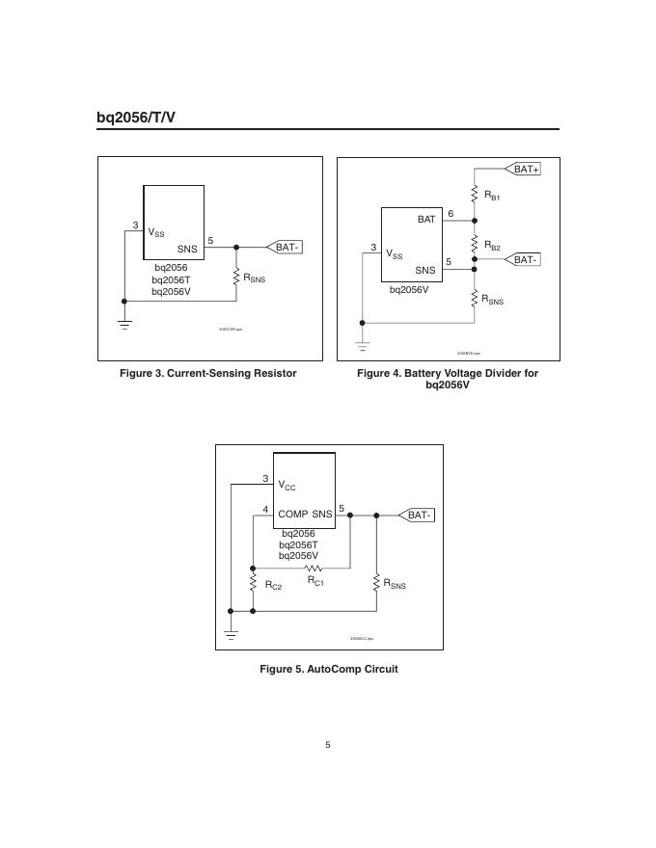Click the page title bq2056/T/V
136,118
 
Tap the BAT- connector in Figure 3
287,248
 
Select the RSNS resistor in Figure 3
236,278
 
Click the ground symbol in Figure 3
124,324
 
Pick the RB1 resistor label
492,196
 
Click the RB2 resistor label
492,247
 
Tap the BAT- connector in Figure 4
525,260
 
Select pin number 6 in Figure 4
451,212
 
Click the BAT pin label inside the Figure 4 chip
426,220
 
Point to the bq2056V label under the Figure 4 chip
409,288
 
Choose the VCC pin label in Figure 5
287,487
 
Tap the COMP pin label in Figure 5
292,515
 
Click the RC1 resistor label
315,581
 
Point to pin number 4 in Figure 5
265,509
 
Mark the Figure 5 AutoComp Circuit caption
328,669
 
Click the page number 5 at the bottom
328,744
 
